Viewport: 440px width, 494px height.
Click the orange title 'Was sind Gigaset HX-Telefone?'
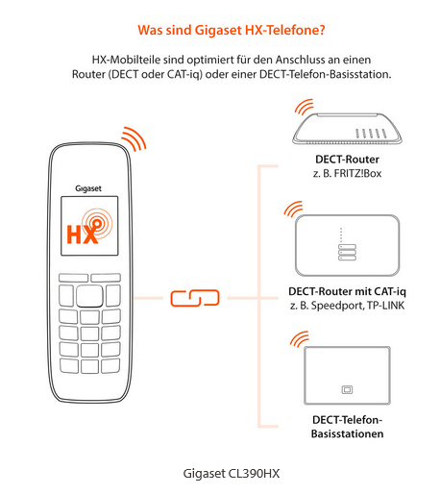click(232, 30)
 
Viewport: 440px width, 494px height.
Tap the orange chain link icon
click(195, 298)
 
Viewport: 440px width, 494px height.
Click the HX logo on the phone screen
click(89, 226)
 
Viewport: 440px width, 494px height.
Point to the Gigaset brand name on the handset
click(88, 188)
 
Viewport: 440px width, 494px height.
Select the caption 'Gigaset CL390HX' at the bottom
click(232, 474)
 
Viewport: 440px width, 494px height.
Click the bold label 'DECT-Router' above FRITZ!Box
click(347, 160)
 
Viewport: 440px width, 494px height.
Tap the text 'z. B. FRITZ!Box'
click(347, 173)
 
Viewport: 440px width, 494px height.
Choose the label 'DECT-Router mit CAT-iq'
click(347, 291)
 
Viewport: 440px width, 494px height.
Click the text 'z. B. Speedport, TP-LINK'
click(347, 306)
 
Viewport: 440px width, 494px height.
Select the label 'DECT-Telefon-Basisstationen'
click(347, 427)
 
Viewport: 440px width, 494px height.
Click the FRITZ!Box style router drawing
click(347, 129)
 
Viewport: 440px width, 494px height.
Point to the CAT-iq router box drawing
click(347, 245)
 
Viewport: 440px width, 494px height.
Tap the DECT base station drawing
click(347, 376)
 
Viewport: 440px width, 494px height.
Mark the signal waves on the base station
click(299, 340)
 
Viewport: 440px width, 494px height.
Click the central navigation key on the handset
click(89, 296)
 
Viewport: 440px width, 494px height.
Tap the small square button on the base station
click(347, 390)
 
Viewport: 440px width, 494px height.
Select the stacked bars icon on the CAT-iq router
click(347, 253)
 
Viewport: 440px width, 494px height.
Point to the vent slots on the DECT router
click(372, 134)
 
